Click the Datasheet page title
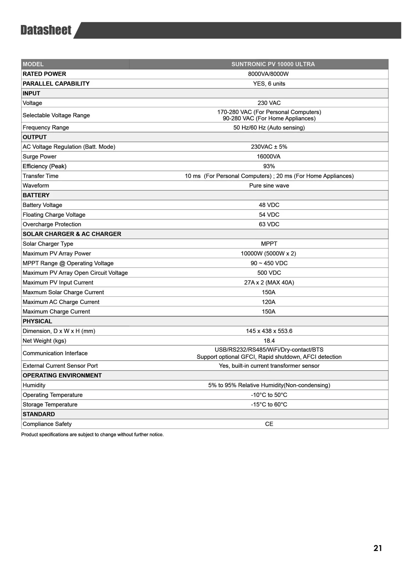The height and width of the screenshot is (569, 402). click(x=46, y=30)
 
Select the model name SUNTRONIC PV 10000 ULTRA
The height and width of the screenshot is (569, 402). click(x=273, y=64)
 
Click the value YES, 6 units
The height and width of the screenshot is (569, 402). click(x=269, y=84)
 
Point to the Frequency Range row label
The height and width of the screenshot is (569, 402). click(x=46, y=128)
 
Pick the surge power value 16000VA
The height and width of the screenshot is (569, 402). click(x=268, y=156)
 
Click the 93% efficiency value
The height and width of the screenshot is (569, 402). click(x=269, y=166)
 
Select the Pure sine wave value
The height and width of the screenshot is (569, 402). click(x=269, y=186)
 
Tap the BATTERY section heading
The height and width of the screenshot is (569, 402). click(x=36, y=195)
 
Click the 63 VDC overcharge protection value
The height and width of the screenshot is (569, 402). click(x=269, y=224)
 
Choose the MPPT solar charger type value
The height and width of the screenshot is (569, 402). click(x=269, y=244)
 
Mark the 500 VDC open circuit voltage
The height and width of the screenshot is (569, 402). click(x=269, y=273)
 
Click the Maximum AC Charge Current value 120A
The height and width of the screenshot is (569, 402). click(x=268, y=302)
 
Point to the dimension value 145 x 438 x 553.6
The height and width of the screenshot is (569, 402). click(x=269, y=331)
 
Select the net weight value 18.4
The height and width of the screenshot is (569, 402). click(x=269, y=341)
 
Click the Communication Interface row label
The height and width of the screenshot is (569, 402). click(x=55, y=353)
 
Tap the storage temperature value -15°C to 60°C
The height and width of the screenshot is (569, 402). click(x=269, y=405)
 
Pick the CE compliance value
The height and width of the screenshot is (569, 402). click(x=269, y=424)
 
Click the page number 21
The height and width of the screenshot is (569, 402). click(x=378, y=548)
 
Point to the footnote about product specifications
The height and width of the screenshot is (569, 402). click(x=92, y=435)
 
